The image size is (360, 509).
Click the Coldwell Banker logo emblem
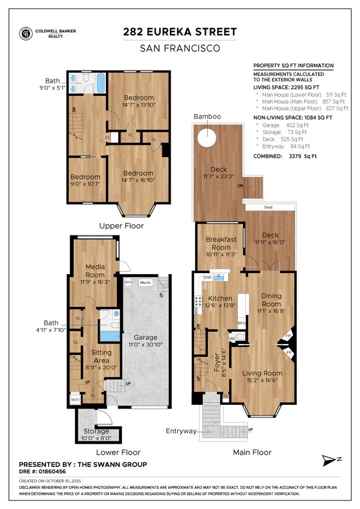[25, 33]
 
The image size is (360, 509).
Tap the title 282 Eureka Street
[179, 32]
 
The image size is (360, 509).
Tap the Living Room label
[263, 373]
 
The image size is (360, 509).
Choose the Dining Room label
[271, 300]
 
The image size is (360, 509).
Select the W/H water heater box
[128, 282]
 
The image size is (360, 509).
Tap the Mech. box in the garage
[146, 282]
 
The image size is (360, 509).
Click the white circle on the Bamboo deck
[207, 137]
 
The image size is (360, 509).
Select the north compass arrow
[330, 460]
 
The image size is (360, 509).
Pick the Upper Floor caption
[121, 226]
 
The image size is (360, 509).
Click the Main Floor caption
[252, 452]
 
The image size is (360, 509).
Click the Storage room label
[96, 431]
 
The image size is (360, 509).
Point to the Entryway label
[181, 430]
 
